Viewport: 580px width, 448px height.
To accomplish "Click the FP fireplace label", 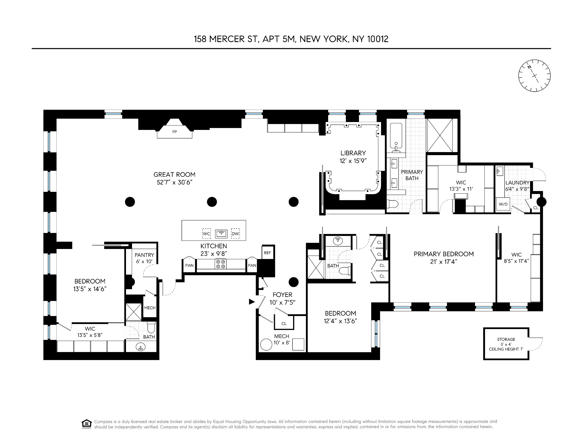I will (x=175, y=132).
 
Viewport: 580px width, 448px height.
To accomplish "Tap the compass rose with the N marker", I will (x=534, y=76).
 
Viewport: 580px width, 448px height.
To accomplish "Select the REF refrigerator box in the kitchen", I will (x=267, y=253).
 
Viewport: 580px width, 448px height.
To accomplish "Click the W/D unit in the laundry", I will (x=503, y=204).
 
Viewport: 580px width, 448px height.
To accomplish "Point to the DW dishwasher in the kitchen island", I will (x=235, y=234).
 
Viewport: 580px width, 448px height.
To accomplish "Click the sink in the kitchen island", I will (x=221, y=234).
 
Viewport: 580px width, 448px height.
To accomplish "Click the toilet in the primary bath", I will (x=393, y=204).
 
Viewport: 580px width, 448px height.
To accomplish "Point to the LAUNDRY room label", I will (x=517, y=183).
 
